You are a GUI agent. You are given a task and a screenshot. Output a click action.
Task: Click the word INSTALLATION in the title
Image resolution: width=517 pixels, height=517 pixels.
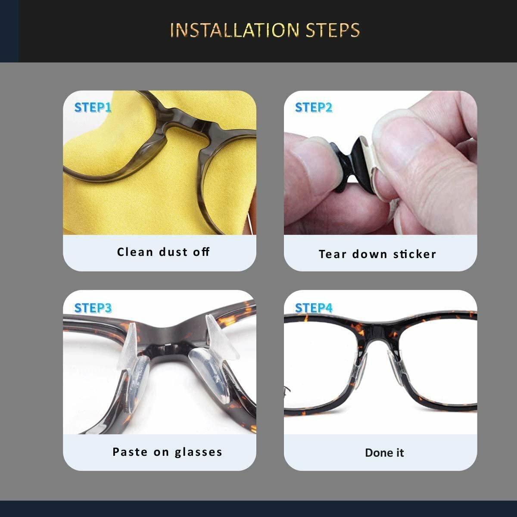[x=234, y=30]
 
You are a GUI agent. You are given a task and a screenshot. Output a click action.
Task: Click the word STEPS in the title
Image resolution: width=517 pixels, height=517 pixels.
[x=333, y=30]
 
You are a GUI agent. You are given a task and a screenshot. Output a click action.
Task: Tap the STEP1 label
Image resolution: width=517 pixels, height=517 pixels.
[x=93, y=107]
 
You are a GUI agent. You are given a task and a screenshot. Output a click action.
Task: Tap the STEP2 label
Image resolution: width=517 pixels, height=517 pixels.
[x=314, y=107]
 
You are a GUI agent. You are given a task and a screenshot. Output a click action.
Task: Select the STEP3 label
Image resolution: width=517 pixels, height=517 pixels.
[x=93, y=308]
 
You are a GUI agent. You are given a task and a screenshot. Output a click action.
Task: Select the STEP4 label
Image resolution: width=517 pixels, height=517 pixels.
[x=314, y=308]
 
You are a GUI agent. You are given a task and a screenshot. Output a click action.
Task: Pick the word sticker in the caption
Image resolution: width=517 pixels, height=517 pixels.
[x=414, y=254]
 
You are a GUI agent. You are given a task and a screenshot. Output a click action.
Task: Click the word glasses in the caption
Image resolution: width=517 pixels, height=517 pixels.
[x=199, y=452]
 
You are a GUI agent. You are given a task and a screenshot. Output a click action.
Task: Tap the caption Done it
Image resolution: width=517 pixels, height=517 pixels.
[x=384, y=452]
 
